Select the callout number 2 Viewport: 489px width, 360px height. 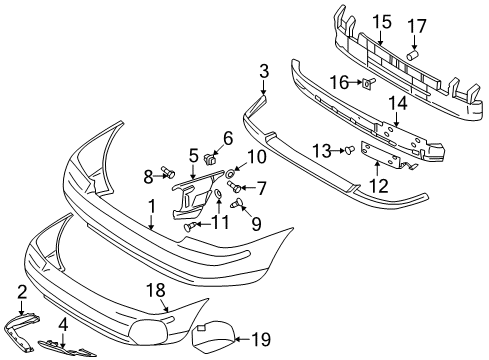click(22, 292)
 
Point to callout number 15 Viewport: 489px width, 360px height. click(381, 21)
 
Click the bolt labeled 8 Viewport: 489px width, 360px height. click(167, 175)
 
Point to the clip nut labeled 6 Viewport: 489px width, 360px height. click(211, 157)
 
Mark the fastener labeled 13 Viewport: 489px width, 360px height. click(347, 152)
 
